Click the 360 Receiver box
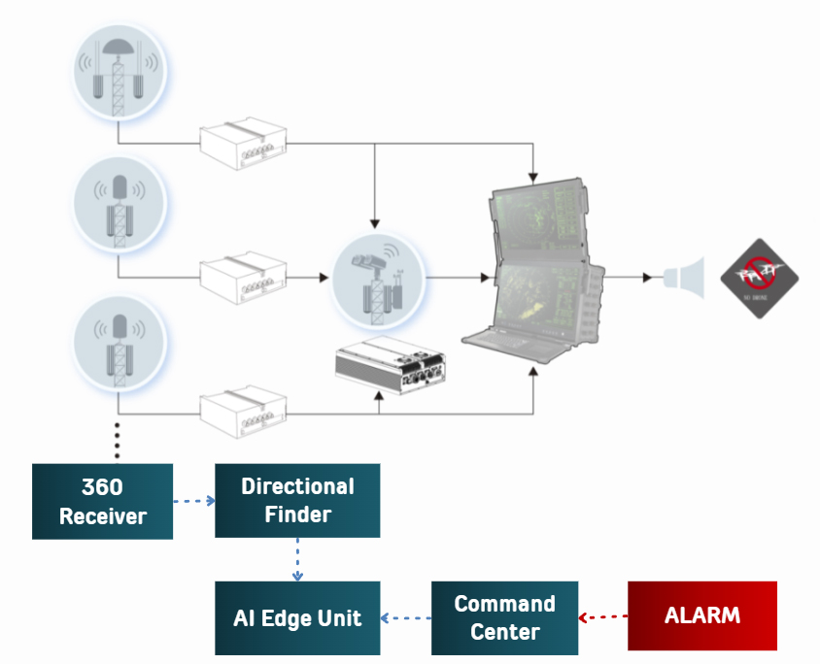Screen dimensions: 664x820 pyautogui.click(x=102, y=501)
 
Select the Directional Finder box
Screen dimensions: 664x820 pyautogui.click(x=296, y=500)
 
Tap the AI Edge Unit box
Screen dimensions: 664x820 pyautogui.click(x=296, y=617)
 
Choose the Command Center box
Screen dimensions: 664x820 pyautogui.click(x=504, y=617)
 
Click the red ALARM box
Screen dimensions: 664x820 pyautogui.click(x=702, y=615)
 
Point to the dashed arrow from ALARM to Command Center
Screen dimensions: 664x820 pyautogui.click(x=603, y=616)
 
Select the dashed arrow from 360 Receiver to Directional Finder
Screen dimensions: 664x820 pyautogui.click(x=193, y=502)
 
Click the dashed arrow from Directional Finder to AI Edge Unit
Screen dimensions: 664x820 pyautogui.click(x=297, y=558)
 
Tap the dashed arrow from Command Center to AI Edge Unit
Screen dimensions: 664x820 pyautogui.click(x=405, y=617)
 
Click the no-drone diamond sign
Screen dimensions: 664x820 pyautogui.click(x=759, y=277)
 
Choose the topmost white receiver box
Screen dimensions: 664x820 pyautogui.click(x=243, y=144)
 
